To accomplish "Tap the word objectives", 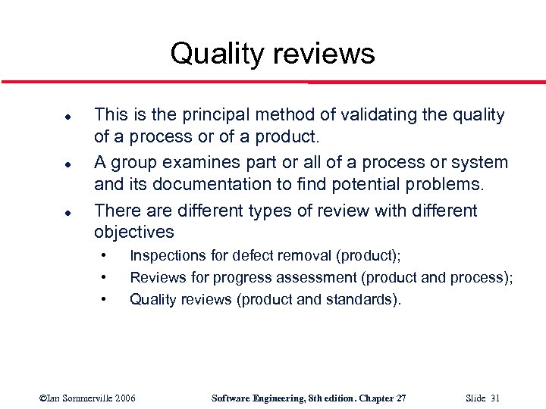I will coord(134,232).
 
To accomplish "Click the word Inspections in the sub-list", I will coord(168,256).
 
